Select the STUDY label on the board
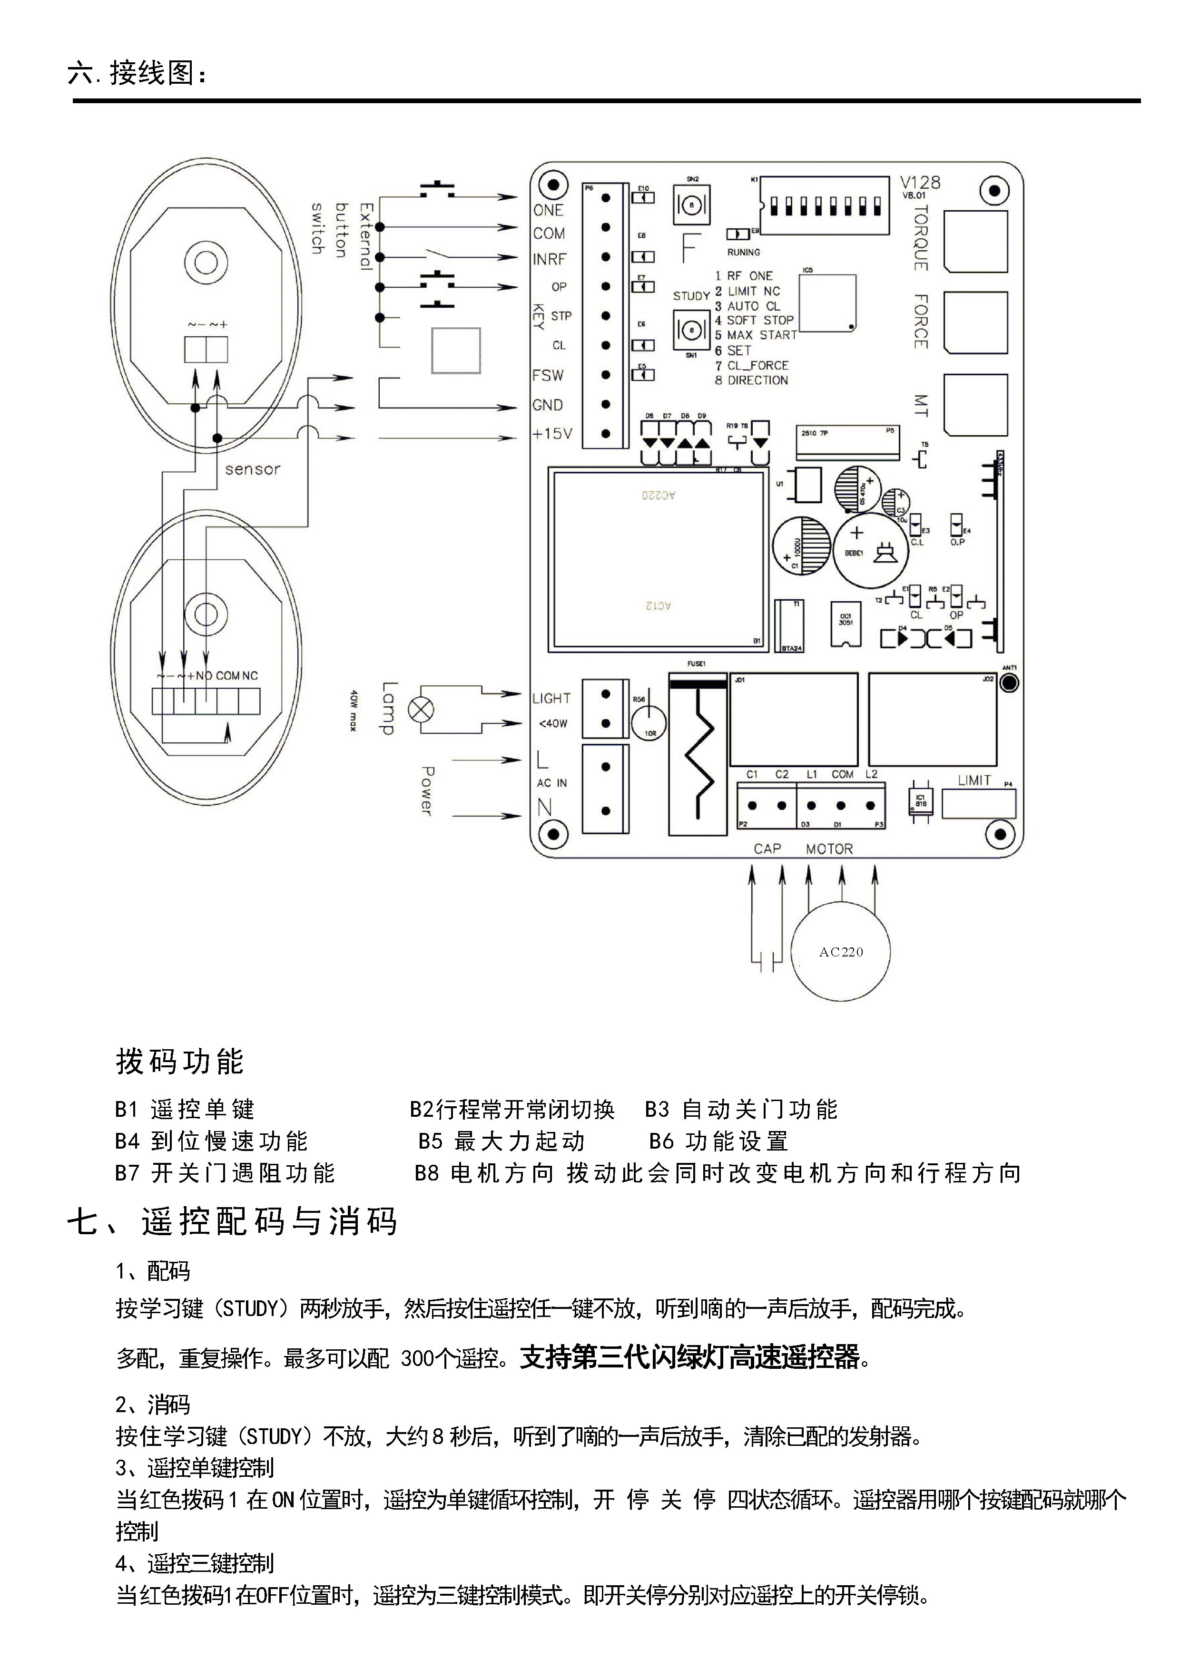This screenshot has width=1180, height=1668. tap(691, 296)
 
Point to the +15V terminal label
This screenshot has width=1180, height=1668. tap(552, 434)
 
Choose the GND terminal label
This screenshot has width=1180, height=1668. tap(547, 405)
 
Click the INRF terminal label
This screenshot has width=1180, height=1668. tap(549, 259)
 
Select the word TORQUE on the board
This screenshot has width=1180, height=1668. tap(921, 238)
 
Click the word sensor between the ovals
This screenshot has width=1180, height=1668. tap(252, 469)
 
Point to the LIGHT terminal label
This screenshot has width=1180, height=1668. tap(551, 698)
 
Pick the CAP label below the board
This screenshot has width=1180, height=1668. tap(767, 849)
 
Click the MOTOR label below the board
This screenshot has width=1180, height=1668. tap(829, 849)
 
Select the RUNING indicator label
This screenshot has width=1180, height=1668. tap(743, 252)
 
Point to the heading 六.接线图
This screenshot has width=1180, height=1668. tap(138, 73)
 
